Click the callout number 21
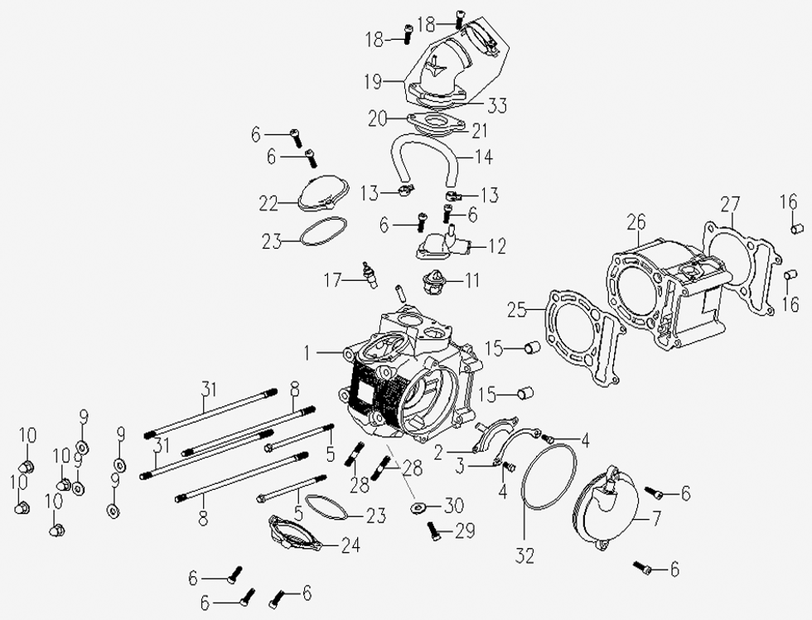pyautogui.click(x=480, y=130)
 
